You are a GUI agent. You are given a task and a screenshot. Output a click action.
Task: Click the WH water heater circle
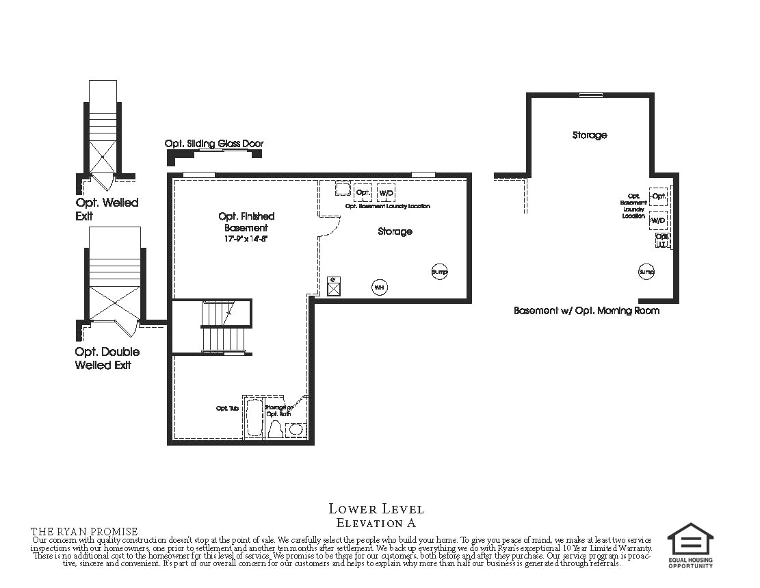pos(379,287)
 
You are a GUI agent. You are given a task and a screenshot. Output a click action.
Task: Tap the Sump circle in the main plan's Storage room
pos(439,272)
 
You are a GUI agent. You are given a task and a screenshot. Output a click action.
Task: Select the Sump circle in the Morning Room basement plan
pos(646,272)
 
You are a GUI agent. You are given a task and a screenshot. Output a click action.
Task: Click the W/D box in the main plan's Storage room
pos(386,192)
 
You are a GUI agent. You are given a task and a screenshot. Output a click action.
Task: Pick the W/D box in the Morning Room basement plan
pos(658,220)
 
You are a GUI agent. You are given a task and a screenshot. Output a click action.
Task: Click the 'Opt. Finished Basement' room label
pos(246,222)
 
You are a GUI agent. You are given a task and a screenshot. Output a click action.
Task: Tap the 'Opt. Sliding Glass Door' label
pos(213,144)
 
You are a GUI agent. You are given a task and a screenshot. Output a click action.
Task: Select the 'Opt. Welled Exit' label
pos(107,209)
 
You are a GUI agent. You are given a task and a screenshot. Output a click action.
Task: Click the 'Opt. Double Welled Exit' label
pos(107,358)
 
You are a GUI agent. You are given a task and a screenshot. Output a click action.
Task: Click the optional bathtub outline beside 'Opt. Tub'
pos(253,418)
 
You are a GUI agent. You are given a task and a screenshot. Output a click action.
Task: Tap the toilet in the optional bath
pos(276,429)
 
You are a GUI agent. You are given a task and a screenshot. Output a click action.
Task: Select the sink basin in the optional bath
pos(296,430)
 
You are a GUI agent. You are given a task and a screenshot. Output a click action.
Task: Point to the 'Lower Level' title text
pos(376,509)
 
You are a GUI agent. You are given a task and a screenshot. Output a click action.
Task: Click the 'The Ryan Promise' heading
pos(84,532)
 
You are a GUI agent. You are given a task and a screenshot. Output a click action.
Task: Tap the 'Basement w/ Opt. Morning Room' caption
pos(586,310)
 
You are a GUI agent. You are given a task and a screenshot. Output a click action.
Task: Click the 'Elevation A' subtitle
pos(376,523)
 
